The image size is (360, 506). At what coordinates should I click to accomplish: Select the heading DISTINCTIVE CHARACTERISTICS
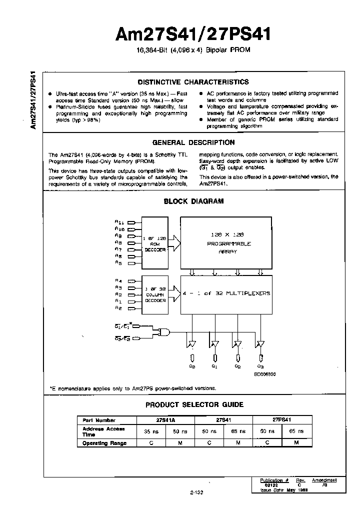[x=193, y=82]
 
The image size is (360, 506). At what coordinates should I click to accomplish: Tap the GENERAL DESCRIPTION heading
[x=193, y=142]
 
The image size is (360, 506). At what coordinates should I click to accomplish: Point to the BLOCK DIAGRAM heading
[x=193, y=201]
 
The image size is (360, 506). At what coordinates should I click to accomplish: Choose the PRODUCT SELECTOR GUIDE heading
[x=194, y=404]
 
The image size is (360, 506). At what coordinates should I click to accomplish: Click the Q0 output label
[x=192, y=366]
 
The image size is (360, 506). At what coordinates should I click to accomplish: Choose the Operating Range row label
[x=104, y=443]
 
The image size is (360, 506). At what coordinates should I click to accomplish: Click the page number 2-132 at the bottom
[x=196, y=492]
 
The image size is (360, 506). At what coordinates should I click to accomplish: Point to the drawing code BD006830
[x=264, y=373]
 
